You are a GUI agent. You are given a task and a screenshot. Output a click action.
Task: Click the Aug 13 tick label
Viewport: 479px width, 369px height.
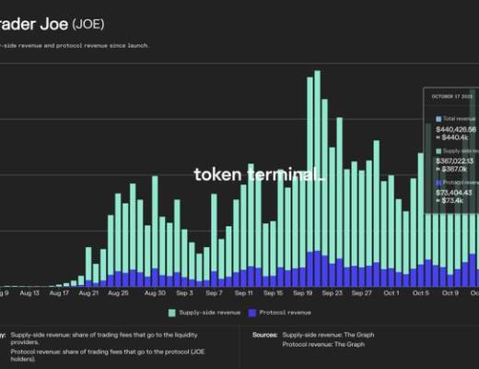pyautogui.click(x=29, y=292)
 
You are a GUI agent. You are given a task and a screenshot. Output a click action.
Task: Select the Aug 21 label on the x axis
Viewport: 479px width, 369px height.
pyautogui.click(x=88, y=292)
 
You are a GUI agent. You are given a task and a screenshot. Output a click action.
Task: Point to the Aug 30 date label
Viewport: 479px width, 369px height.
pyautogui.click(x=156, y=292)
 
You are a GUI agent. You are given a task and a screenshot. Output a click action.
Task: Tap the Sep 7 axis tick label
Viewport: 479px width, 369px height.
pyautogui.click(x=215, y=292)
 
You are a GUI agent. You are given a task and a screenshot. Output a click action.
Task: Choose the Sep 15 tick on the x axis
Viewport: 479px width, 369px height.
pyautogui.click(x=273, y=292)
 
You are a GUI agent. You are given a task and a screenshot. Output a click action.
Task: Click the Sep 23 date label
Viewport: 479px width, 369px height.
pyautogui.click(x=333, y=292)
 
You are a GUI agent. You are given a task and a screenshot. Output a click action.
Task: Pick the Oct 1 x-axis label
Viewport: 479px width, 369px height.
pyautogui.click(x=391, y=292)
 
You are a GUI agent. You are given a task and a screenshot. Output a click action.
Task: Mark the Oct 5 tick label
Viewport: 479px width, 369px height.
pyautogui.click(x=421, y=292)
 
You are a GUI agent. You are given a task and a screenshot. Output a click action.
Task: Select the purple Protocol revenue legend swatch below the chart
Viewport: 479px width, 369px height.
pyautogui.click(x=253, y=313)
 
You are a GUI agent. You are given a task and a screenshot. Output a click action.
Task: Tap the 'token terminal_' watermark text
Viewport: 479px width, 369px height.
pyautogui.click(x=258, y=174)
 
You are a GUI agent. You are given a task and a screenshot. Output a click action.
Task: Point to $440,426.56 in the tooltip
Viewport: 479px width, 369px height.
pyautogui.click(x=456, y=129)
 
